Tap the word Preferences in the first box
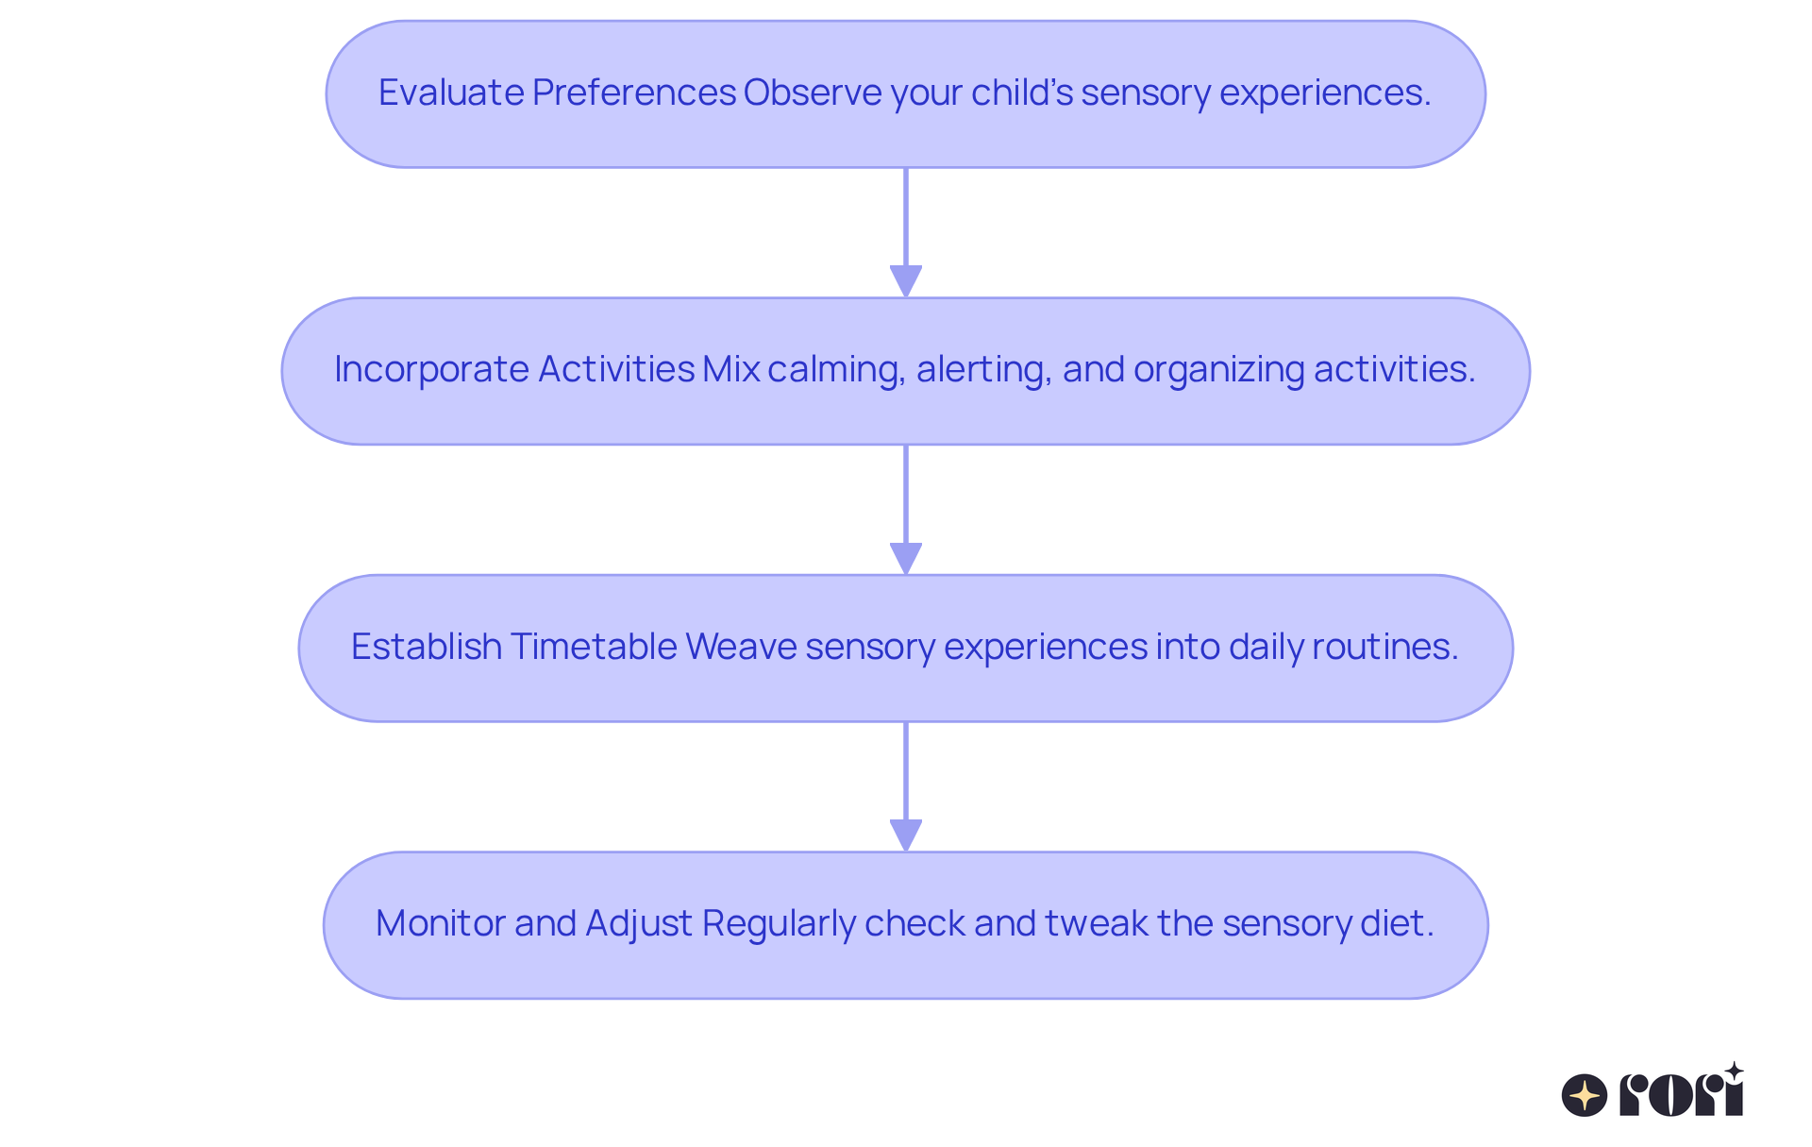pyautogui.click(x=633, y=93)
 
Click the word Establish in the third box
pyautogui.click(x=426, y=647)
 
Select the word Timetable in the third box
pyautogui.click(x=594, y=647)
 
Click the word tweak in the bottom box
pyautogui.click(x=1096, y=923)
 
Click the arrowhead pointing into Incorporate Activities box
pyautogui.click(x=906, y=281)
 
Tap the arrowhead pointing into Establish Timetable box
pyautogui.click(x=906, y=558)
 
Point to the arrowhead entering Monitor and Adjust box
pyautogui.click(x=906, y=835)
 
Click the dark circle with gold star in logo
pyautogui.click(x=1585, y=1095)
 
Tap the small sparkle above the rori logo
pyautogui.click(x=1734, y=1071)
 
